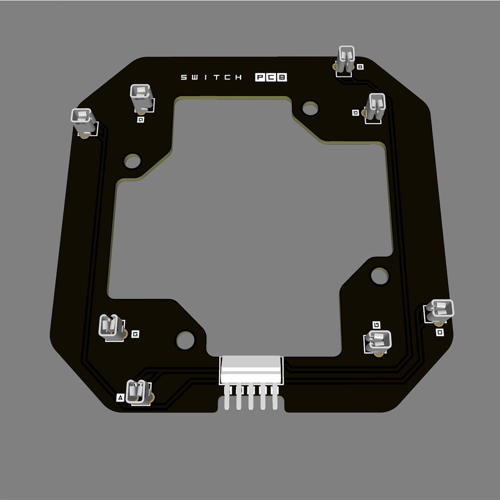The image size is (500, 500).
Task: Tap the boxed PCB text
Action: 271,77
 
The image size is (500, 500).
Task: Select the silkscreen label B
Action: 360,66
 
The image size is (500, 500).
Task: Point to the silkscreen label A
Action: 119,397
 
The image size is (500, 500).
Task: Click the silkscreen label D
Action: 439,332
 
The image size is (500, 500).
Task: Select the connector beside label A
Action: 137,391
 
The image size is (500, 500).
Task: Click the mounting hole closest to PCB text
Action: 310,107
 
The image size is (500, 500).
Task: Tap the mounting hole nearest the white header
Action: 185,340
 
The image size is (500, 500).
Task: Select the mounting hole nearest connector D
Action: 379,275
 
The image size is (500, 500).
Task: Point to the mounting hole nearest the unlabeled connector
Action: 132,161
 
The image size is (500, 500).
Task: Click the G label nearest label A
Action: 135,333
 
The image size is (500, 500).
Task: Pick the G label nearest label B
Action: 355,113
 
